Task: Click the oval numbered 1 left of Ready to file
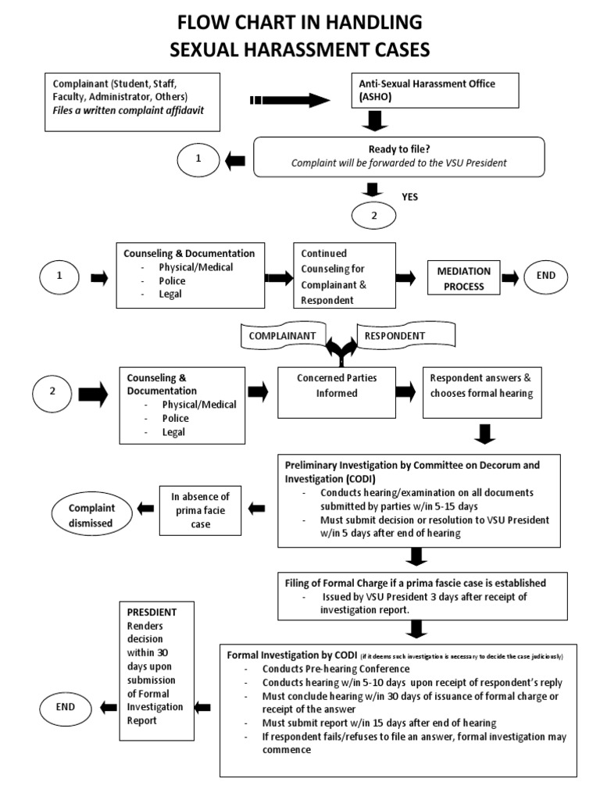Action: tap(198, 159)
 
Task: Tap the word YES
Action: tap(410, 197)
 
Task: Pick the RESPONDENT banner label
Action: tap(395, 336)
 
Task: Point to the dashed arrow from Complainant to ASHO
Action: tap(290, 100)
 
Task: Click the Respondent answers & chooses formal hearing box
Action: tap(481, 385)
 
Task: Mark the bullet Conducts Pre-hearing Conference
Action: tap(336, 669)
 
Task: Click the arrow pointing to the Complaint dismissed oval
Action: tap(145, 509)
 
